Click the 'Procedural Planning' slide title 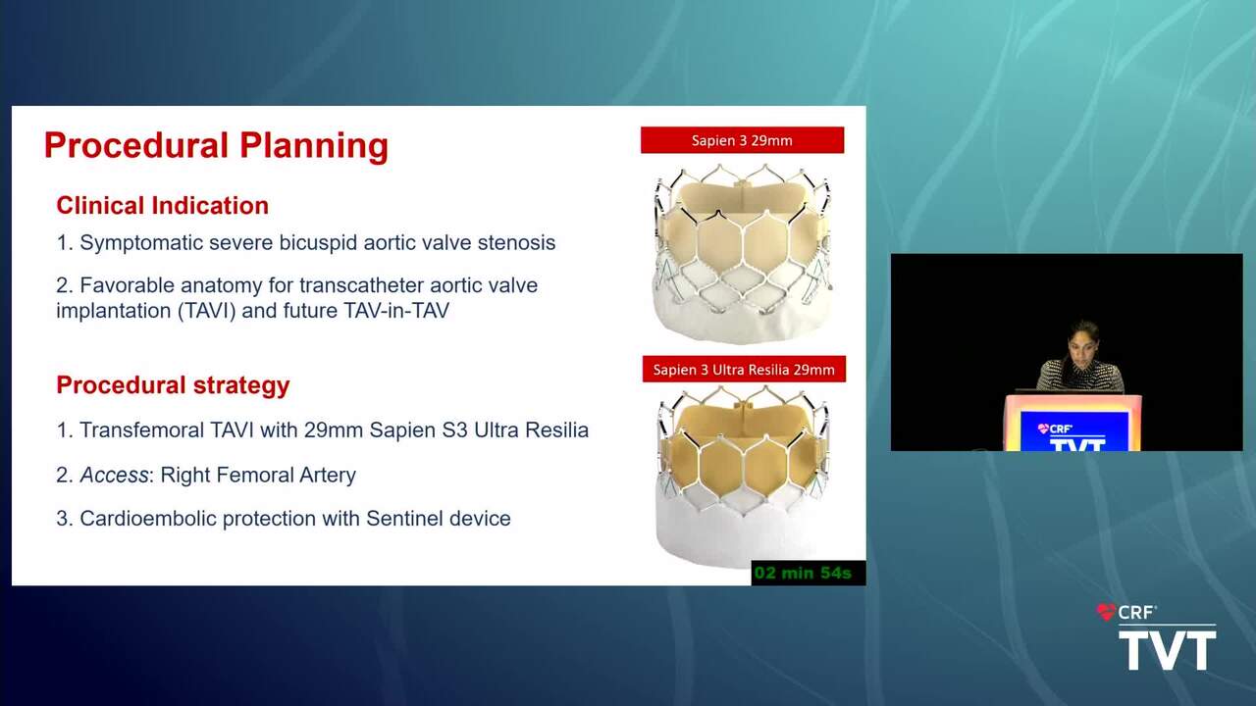tap(216, 146)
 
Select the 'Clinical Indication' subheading tap(162, 206)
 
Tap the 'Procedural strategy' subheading tap(173, 386)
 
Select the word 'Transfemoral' tap(142, 430)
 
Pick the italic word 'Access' tap(114, 476)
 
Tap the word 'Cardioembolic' tap(148, 519)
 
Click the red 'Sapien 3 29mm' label tap(743, 140)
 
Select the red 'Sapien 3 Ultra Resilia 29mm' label tap(744, 370)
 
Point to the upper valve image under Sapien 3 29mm tap(743, 253)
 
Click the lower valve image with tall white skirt tap(744, 477)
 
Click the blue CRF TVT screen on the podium tap(1074, 430)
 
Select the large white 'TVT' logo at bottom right tap(1168, 649)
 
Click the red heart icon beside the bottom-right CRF tap(1106, 612)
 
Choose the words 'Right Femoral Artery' tap(258, 476)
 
